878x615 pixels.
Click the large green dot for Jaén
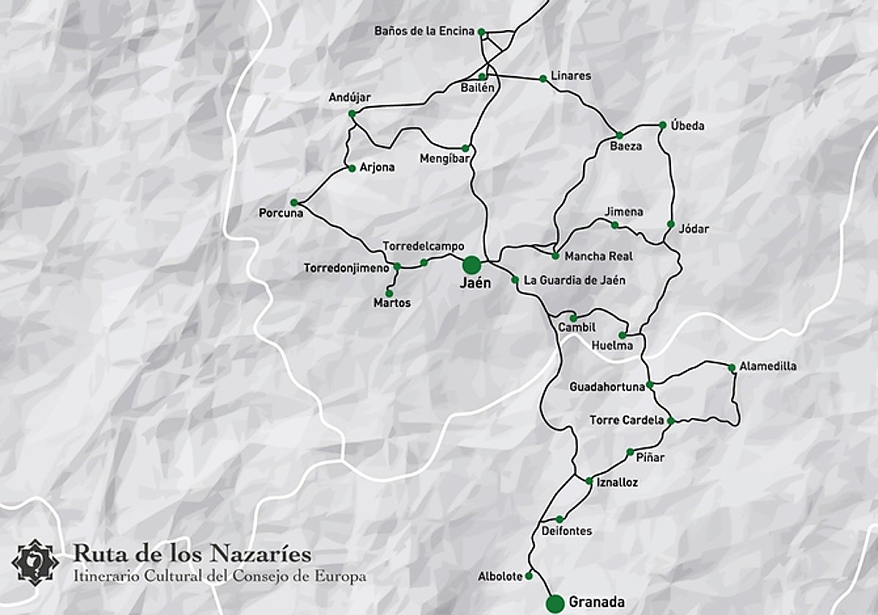[472, 264]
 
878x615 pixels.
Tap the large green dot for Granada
[555, 603]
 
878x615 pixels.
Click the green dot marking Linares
[543, 78]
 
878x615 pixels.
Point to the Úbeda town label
[687, 126]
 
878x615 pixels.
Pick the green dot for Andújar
[352, 113]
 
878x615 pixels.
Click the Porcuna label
[281, 214]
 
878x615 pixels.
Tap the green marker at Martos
[389, 293]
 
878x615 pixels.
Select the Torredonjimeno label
[347, 269]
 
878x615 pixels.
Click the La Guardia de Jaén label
[574, 280]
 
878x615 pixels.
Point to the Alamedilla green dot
[732, 368]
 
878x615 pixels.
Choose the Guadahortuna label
[607, 387]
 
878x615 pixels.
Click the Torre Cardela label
[627, 420]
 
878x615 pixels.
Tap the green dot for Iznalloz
[589, 481]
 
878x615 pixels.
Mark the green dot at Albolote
[529, 577]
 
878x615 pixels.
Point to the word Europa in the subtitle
[341, 576]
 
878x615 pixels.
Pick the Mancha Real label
[599, 256]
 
